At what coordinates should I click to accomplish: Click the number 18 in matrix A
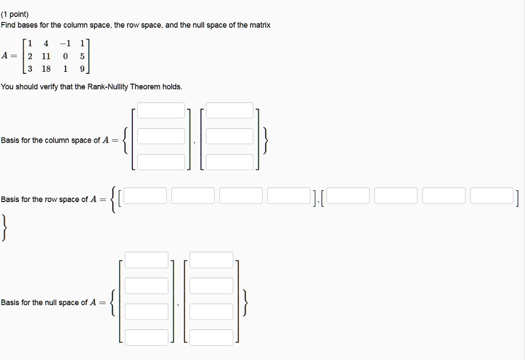(x=46, y=69)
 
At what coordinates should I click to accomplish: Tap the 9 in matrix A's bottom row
(x=83, y=69)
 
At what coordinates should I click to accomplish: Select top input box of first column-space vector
(x=161, y=110)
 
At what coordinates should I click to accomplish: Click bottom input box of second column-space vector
(x=230, y=162)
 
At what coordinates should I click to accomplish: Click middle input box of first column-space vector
(x=161, y=136)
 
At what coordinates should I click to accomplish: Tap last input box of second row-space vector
(x=491, y=195)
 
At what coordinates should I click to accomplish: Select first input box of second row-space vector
(x=348, y=195)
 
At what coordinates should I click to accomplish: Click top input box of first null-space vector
(x=147, y=259)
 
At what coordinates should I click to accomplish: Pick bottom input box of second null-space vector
(x=211, y=337)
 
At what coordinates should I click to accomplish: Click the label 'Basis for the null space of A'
(x=48, y=303)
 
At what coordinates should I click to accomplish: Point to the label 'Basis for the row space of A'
(x=49, y=199)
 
